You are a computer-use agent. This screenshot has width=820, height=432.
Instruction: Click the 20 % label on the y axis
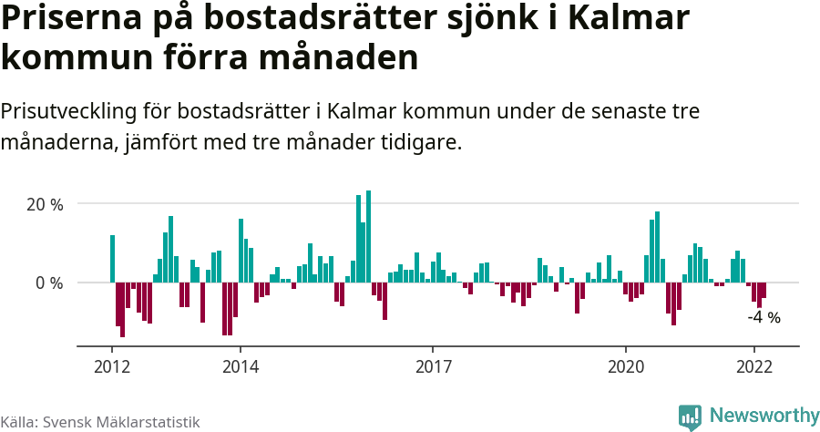[x=45, y=204]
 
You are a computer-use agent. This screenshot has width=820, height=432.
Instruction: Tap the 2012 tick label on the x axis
[x=111, y=368]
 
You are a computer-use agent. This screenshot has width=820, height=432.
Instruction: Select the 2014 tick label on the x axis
[x=240, y=368]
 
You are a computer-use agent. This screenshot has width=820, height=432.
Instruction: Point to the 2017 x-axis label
[x=433, y=368]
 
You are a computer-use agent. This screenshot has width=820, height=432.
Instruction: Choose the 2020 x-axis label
[x=625, y=368]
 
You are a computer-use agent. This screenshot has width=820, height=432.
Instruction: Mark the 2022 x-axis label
[x=753, y=368]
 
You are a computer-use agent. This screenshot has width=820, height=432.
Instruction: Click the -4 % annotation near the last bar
[x=764, y=318]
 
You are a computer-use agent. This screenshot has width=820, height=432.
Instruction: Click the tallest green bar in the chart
[x=368, y=237]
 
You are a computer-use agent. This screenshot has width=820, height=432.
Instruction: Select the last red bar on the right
[x=764, y=291]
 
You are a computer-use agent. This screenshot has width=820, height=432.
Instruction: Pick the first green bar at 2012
[x=112, y=259]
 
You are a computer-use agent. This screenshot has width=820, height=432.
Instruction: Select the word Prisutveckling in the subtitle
[x=67, y=112]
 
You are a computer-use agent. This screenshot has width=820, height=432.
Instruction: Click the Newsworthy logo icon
[x=690, y=417]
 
